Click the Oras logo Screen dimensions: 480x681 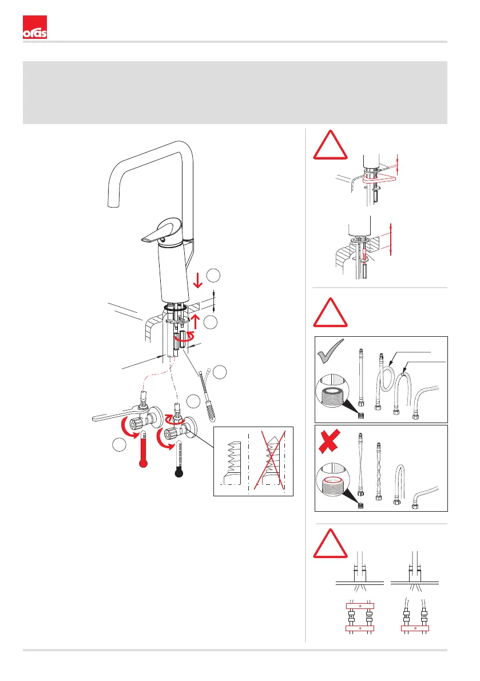coord(34,28)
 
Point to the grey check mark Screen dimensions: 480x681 coord(330,355)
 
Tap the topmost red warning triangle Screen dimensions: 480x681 coord(331,146)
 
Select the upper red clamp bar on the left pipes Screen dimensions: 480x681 coord(359,606)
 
